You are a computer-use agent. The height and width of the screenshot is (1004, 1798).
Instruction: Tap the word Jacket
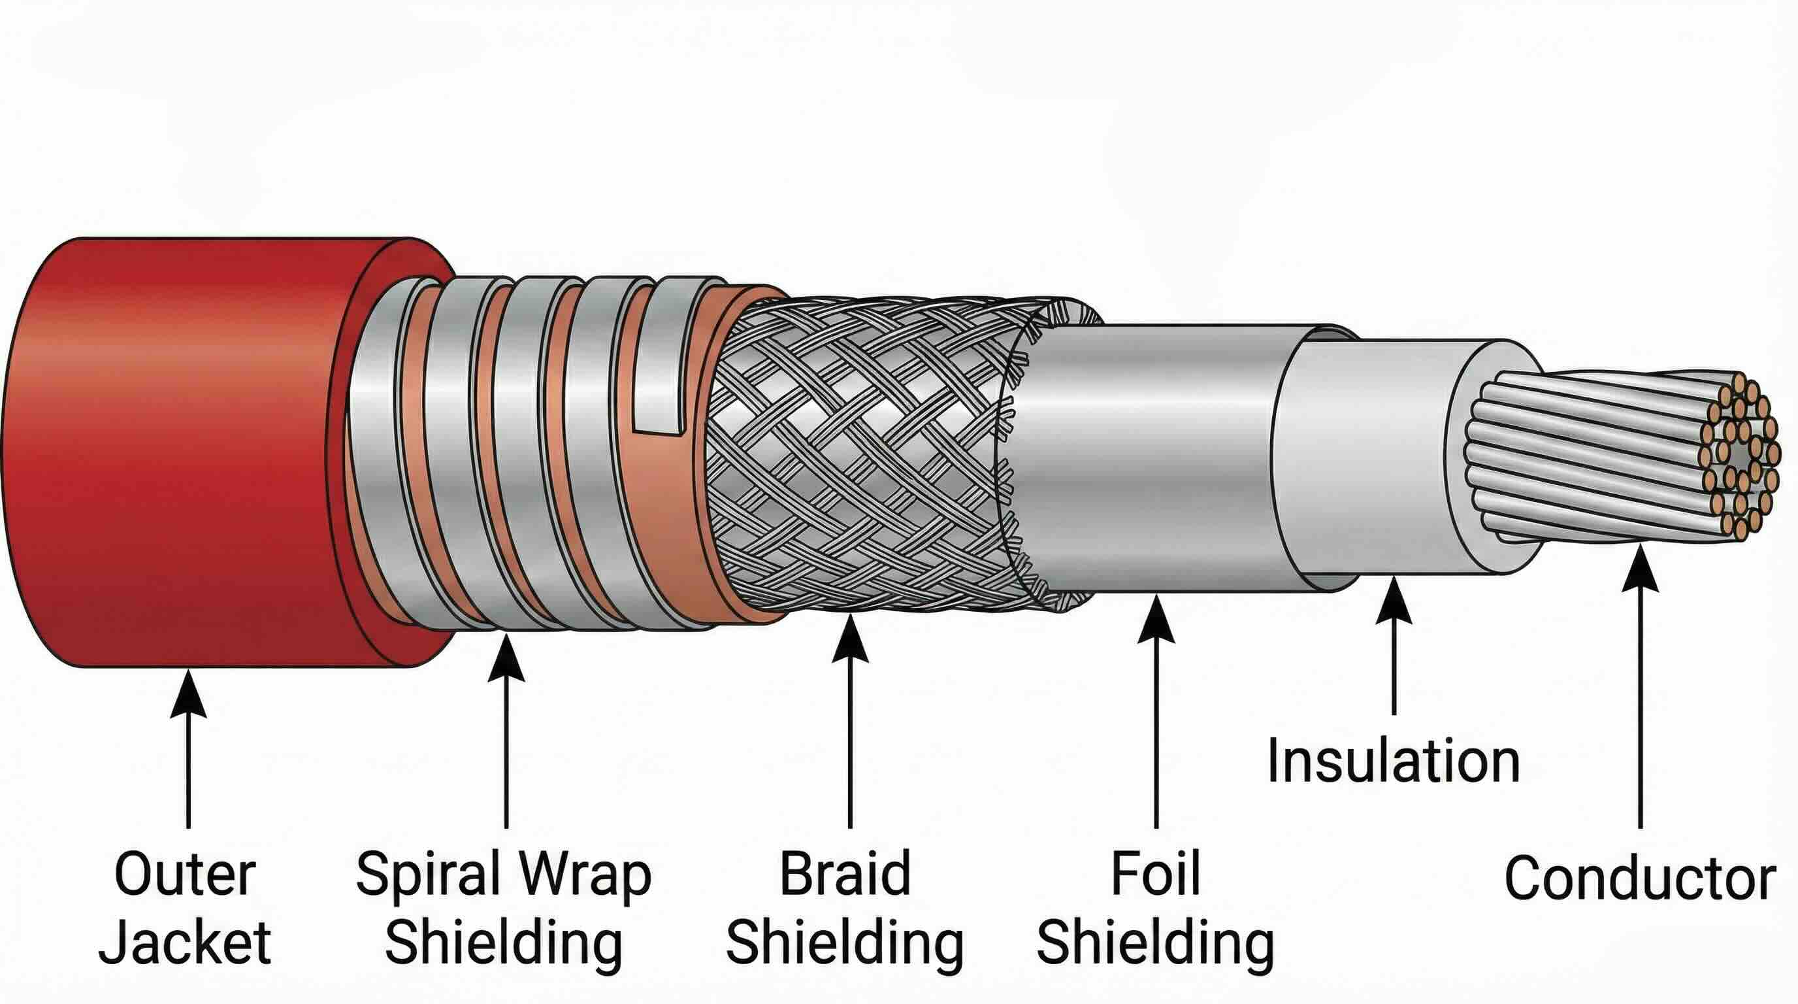point(185,943)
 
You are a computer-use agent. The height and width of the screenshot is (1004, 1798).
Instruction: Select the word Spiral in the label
point(427,875)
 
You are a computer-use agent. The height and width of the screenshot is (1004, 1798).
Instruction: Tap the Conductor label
point(1639,878)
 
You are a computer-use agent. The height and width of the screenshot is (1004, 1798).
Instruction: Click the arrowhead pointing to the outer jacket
point(188,695)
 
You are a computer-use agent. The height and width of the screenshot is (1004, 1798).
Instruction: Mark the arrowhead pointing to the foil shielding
point(1156,620)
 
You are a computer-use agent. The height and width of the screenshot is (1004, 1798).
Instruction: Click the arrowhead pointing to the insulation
point(1394,602)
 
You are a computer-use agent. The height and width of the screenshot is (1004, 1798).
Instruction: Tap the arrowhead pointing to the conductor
point(1639,569)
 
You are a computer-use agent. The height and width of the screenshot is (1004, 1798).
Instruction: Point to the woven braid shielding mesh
point(858,454)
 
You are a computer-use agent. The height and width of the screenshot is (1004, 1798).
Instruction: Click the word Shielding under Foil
point(1155,943)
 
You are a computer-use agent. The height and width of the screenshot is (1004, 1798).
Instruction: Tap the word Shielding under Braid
point(845,943)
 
